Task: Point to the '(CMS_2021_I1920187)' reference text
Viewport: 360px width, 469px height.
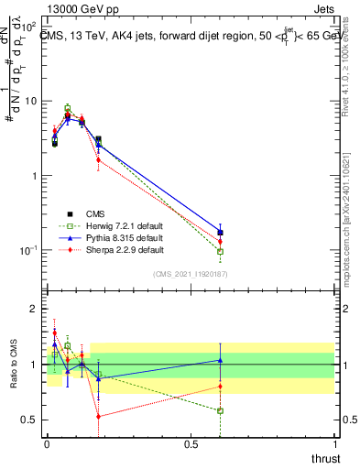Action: tap(191, 273)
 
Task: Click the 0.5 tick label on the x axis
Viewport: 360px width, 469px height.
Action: tap(191, 445)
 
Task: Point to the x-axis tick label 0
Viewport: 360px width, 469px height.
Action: tap(47, 445)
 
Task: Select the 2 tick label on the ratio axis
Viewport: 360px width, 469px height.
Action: tap(34, 310)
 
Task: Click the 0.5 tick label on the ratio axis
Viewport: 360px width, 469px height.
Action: tap(29, 420)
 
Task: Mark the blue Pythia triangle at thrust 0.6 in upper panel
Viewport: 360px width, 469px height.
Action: tap(220, 232)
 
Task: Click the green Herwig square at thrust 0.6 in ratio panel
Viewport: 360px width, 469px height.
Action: tap(220, 410)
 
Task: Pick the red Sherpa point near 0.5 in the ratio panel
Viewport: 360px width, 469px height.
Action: tap(98, 416)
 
